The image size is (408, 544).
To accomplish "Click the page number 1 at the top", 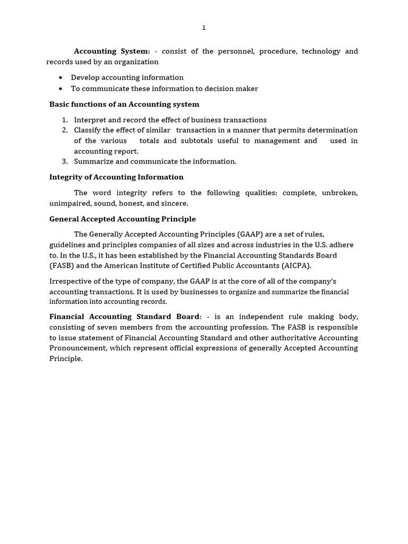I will tap(203, 28).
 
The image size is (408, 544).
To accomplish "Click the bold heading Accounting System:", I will tap(112, 51).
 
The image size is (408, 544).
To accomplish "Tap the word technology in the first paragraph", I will tap(321, 51).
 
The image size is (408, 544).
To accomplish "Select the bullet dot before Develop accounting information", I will tap(61, 78).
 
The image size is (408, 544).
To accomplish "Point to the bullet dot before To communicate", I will tap(61, 89).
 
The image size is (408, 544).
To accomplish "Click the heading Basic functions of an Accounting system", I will tap(124, 104).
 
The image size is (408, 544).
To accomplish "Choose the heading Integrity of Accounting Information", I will tap(116, 177).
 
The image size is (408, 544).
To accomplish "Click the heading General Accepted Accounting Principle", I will tap(122, 219).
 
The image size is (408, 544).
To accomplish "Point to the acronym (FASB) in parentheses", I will tap(61, 266).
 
